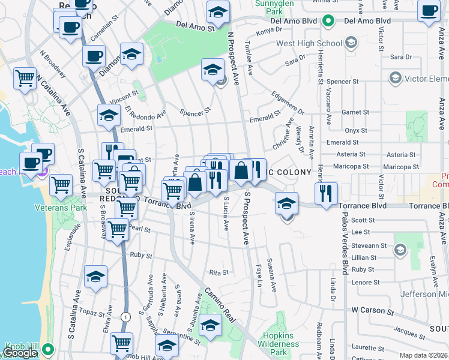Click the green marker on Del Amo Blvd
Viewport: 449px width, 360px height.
click(328, 21)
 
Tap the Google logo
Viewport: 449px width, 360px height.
click(20, 353)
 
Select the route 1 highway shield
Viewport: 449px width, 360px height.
click(125, 316)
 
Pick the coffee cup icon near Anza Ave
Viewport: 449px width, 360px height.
click(429, 12)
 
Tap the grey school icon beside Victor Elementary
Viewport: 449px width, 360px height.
click(395, 78)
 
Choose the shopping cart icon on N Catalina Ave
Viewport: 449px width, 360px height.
click(25, 77)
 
